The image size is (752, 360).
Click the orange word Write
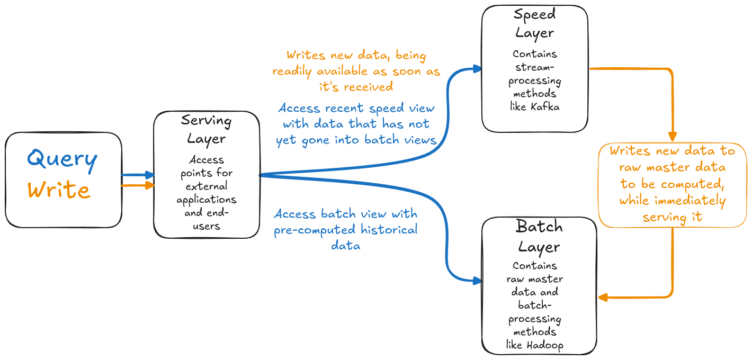pos(59,190)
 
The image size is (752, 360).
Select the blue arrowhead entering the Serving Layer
pos(149,175)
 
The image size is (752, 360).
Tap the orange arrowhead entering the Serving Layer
pos(149,185)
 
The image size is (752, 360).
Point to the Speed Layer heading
pos(535,24)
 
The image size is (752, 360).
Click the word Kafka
pos(545,107)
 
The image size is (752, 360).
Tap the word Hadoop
pos(545,345)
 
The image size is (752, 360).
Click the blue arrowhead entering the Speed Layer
pos(477,69)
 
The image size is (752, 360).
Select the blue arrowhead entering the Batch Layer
pos(477,281)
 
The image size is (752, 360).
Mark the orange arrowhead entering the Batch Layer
pos(603,297)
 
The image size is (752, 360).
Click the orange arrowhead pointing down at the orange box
pos(673,137)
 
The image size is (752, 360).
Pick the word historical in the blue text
pos(389,229)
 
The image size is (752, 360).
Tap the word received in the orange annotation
pos(368,87)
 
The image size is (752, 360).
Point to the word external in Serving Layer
pos(207,186)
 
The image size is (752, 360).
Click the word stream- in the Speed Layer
pos(535,67)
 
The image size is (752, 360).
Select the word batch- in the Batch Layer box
pos(535,305)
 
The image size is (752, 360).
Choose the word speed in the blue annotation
pos(387,109)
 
